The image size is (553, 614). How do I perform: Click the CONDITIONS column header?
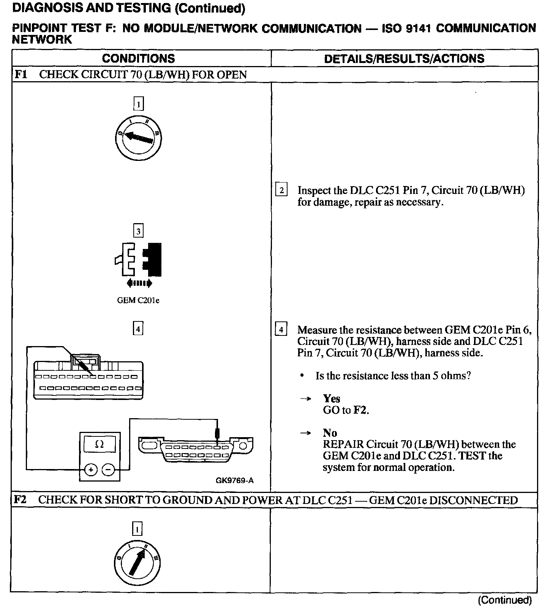point(138,58)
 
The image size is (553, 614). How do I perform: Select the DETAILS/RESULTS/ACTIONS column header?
point(404,58)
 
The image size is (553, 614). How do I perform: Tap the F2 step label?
point(20,500)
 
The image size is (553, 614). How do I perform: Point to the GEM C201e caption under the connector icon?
point(138,301)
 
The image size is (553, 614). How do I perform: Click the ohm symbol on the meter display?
point(99,444)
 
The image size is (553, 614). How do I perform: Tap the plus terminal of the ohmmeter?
point(91,470)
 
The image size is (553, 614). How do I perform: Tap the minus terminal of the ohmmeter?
point(108,470)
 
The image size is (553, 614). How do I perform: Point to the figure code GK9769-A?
point(234,481)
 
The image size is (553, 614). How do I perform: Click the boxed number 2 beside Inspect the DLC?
point(281,189)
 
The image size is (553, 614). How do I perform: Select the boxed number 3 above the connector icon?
point(138,231)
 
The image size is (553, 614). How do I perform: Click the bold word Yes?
point(332,398)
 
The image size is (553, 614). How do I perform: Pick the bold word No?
point(330,433)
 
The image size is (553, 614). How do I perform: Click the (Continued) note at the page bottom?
point(505,600)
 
